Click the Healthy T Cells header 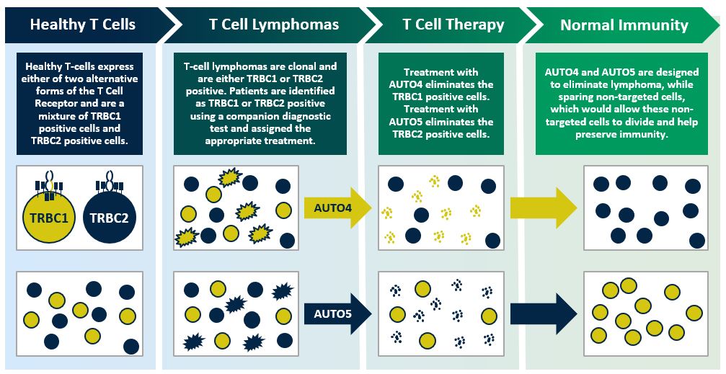click(x=82, y=25)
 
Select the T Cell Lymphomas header click(x=273, y=25)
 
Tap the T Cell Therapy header click(x=452, y=25)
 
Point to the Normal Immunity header click(x=624, y=25)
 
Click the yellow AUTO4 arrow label click(x=335, y=208)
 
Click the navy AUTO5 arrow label click(x=335, y=313)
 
